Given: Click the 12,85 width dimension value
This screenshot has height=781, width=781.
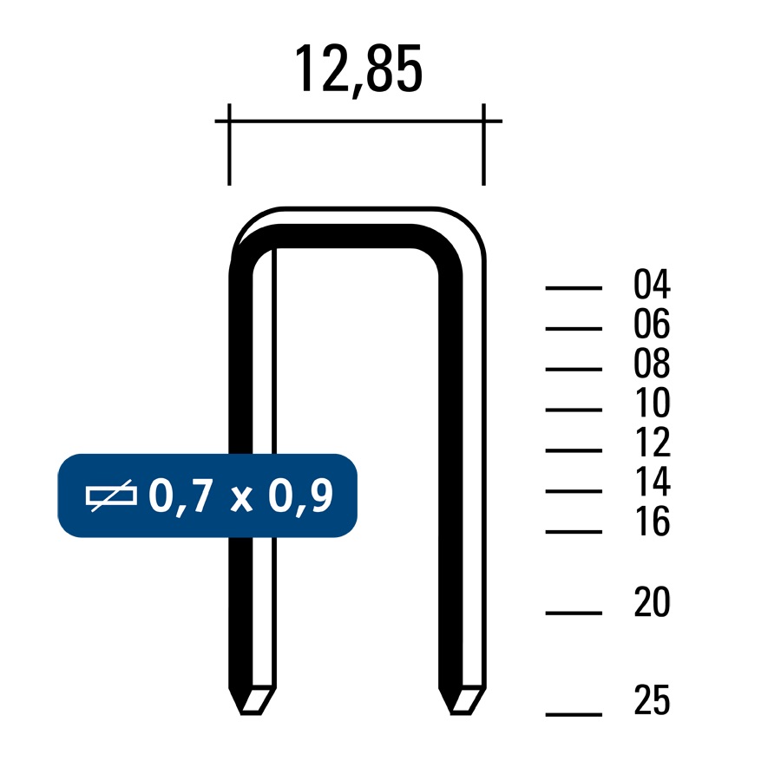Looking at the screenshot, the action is click(358, 69).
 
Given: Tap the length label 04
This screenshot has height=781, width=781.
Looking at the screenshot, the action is click(652, 284).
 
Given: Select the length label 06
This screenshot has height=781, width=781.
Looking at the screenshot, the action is click(652, 324).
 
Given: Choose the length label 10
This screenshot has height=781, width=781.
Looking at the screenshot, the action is click(653, 403).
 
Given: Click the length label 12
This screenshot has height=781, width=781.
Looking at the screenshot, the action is click(653, 443).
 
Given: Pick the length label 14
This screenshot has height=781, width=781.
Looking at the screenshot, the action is click(653, 482).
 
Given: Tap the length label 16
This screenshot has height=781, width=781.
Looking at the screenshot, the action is click(653, 522).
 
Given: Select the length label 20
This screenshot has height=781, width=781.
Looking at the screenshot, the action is click(653, 602).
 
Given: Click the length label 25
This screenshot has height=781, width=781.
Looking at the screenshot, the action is click(653, 700).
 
